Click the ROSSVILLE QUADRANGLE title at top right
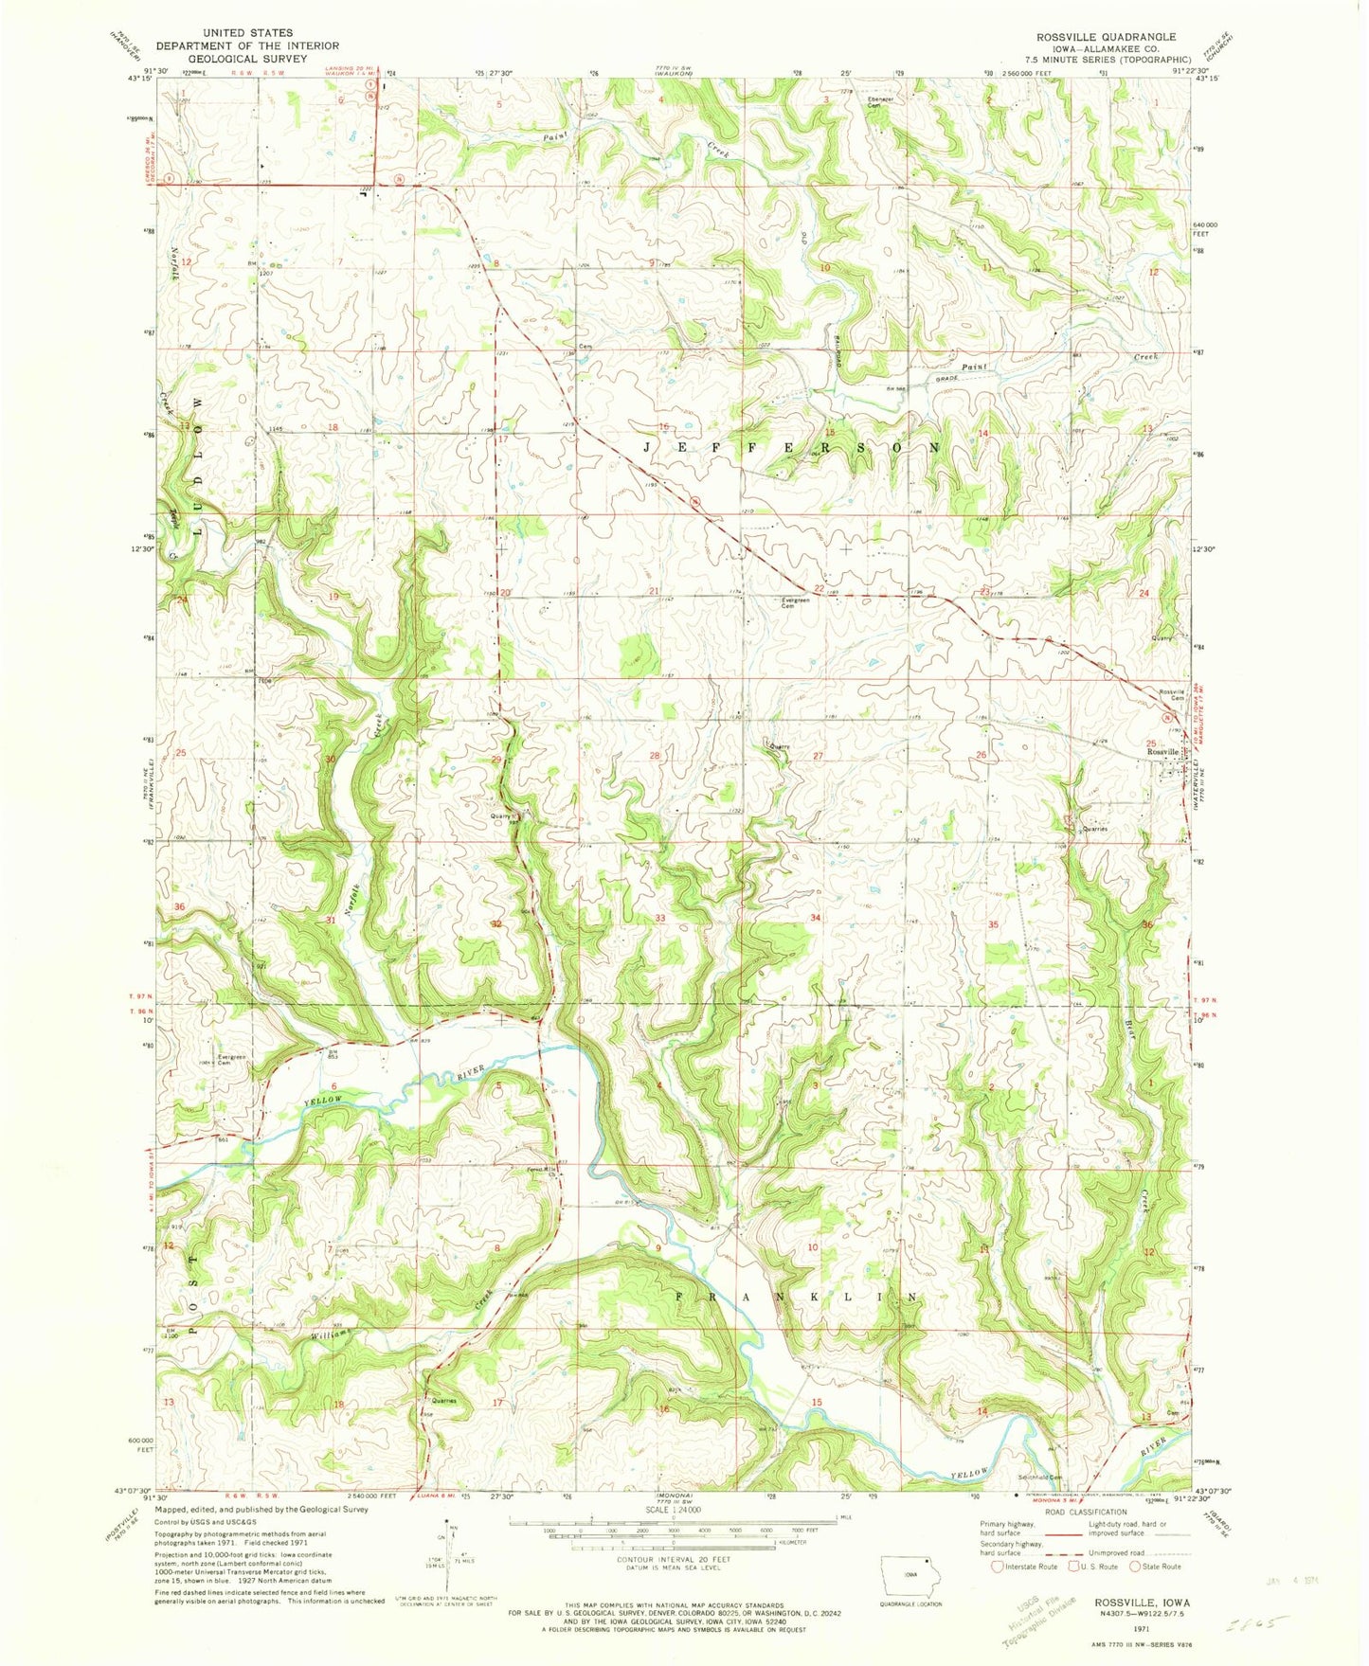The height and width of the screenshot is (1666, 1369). point(1106,37)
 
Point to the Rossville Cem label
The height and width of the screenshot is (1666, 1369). point(1172,694)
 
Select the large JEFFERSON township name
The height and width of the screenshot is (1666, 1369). point(792,446)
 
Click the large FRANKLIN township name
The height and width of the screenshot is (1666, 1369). point(797,1296)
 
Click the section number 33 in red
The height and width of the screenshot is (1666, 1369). point(659,918)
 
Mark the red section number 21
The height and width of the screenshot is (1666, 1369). point(655,591)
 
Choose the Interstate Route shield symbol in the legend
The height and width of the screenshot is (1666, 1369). point(997,1566)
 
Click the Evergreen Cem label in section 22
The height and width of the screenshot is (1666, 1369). point(795,603)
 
